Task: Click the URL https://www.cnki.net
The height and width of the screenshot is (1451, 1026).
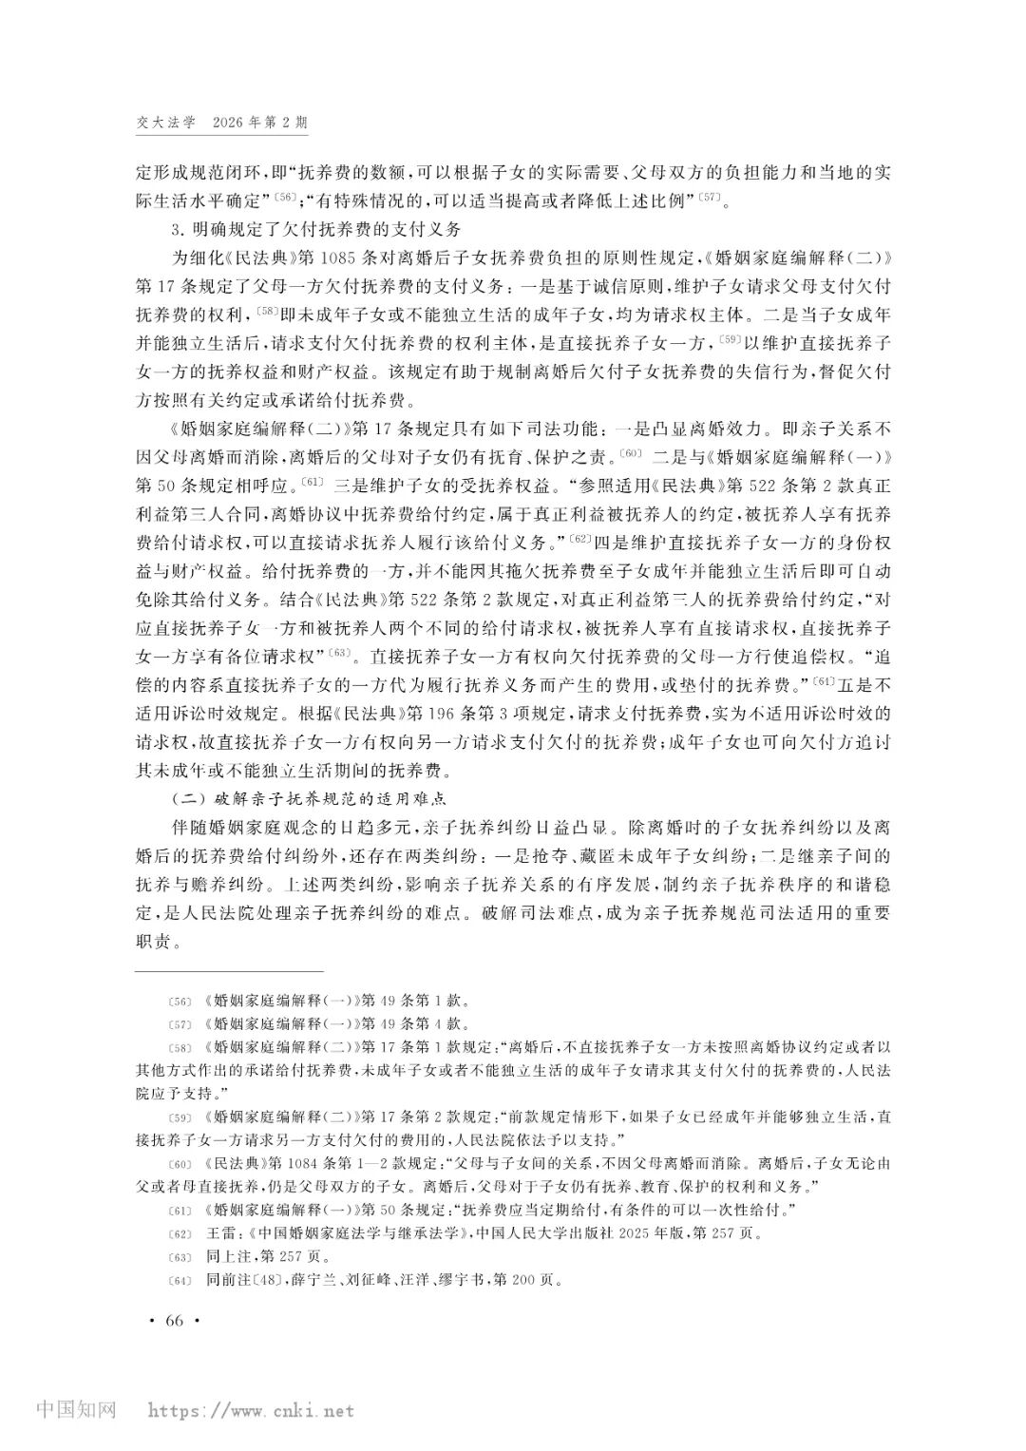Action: coord(248,1410)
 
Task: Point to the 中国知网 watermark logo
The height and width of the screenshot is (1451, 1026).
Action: coord(75,1409)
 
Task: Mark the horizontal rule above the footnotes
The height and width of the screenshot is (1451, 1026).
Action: coord(229,971)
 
